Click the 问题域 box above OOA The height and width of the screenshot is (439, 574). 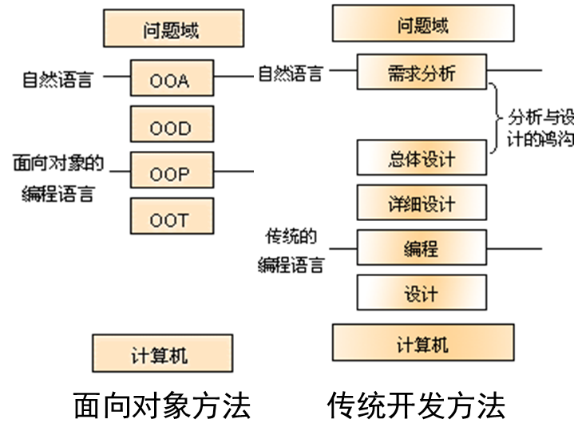172,30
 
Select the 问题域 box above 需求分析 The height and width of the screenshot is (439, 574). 423,24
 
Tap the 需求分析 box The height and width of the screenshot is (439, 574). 421,73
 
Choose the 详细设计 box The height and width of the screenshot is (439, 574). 421,203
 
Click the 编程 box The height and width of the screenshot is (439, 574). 421,248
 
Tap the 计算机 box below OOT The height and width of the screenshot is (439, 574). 162,354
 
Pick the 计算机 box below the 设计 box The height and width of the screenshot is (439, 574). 423,343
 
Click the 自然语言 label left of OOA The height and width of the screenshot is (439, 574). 57,80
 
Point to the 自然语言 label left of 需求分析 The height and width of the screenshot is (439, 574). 291,73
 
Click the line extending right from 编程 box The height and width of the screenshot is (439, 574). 514,248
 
